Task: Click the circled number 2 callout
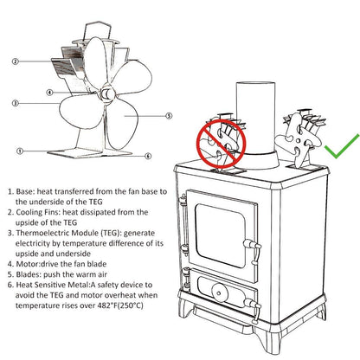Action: click(x=16, y=61)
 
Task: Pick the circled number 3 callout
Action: click(x=16, y=102)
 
